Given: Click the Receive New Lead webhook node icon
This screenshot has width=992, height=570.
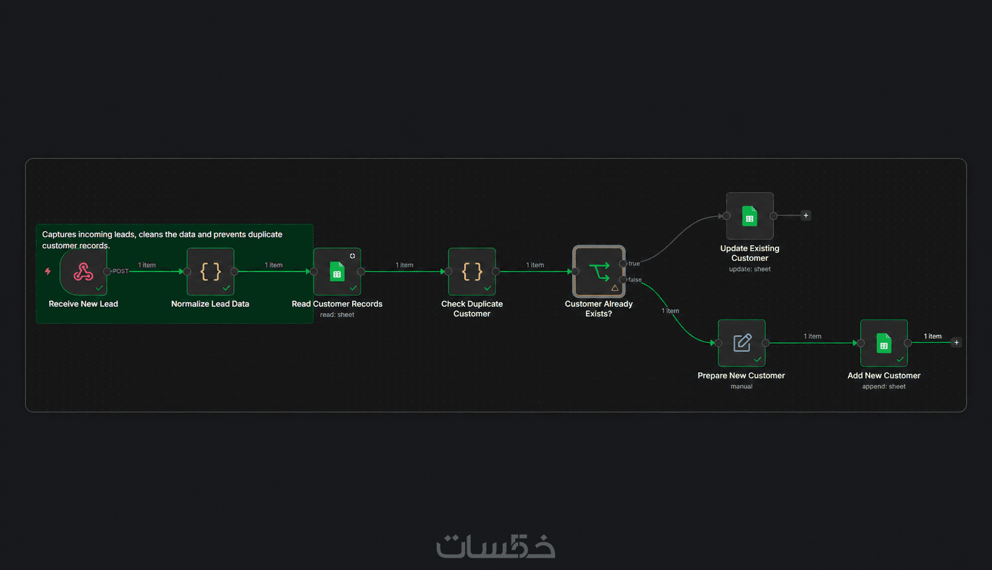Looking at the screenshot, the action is coord(83,272).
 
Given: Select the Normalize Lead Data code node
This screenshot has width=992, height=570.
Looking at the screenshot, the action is coord(211,272).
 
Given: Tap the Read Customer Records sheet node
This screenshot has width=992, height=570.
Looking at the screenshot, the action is coord(337,272).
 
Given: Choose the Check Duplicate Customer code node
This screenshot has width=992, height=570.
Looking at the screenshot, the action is coord(471,272).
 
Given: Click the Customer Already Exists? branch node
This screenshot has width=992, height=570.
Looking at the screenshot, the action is coord(599,272).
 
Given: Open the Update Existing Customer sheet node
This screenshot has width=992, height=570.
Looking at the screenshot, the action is coord(750,216).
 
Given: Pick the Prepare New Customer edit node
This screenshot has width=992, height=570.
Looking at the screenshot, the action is coord(742,343).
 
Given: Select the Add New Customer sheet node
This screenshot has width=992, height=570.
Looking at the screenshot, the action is coord(884,343).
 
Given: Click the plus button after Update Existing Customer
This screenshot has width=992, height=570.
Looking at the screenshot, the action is coord(806,216).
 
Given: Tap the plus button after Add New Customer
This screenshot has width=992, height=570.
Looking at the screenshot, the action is coord(957,342).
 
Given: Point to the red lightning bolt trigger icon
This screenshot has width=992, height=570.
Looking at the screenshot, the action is coord(48,272).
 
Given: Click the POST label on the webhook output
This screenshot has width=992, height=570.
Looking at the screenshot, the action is coord(121,272).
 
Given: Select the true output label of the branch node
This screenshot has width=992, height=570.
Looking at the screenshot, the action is coord(634,263).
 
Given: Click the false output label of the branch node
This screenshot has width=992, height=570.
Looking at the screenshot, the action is coord(635,280).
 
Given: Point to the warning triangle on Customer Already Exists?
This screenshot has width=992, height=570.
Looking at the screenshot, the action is coord(615,288).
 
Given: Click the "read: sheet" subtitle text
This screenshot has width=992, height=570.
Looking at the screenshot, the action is coord(337,315).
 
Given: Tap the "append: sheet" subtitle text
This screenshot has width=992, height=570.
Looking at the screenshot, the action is coord(884,387).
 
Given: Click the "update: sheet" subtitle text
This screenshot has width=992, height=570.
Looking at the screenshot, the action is coord(750,269).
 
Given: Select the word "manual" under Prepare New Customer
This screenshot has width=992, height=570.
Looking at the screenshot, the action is coord(741,387).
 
